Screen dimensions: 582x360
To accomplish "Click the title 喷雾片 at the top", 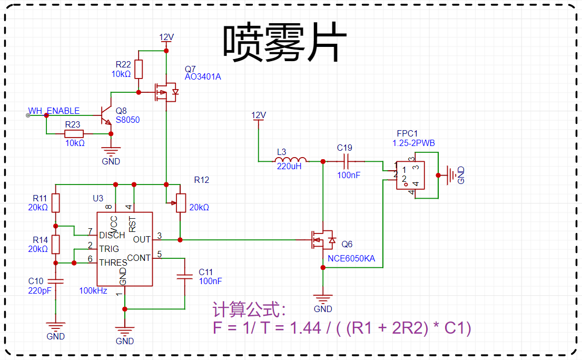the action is click(x=285, y=42).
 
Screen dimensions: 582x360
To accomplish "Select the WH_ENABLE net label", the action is click(x=54, y=111).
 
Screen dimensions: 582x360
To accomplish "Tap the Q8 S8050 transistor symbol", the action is click(x=106, y=115).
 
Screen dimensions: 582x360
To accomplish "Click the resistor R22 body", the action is click(x=139, y=69).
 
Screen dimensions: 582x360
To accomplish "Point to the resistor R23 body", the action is click(x=74, y=134).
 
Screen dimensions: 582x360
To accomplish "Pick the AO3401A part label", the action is click(x=203, y=76).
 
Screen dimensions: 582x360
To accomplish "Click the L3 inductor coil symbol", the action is click(x=291, y=159).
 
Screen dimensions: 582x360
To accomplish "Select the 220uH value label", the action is click(x=289, y=167).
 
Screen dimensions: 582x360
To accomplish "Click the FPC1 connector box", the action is click(x=410, y=176).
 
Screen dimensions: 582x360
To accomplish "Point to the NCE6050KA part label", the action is click(x=351, y=259).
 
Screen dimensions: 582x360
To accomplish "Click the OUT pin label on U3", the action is click(x=142, y=240).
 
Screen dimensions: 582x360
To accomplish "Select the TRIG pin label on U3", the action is click(x=108, y=249).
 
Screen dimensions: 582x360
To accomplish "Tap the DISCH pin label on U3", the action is click(x=112, y=236).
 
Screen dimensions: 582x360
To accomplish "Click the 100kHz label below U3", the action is click(x=93, y=290).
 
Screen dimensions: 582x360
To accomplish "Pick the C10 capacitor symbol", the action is click(x=56, y=281).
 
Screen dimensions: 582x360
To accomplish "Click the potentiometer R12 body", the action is click(x=181, y=203).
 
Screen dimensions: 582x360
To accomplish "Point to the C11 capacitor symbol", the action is click(x=184, y=277).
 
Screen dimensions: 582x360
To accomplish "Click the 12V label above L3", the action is click(x=258, y=115).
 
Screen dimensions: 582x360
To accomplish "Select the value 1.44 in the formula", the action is click(x=305, y=328).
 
